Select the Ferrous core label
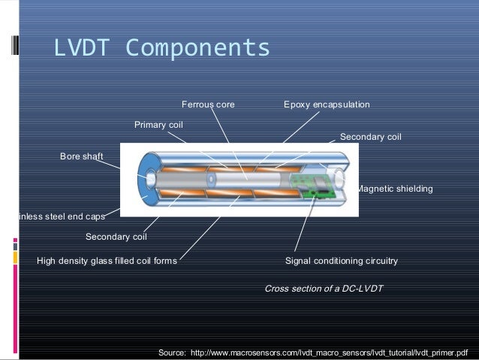coord(208,104)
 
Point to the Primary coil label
coord(158,124)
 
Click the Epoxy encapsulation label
coord(327,104)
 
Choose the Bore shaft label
coord(80,156)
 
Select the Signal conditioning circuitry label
coord(342,261)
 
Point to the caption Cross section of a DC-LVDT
coord(324,288)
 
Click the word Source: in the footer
coord(172,352)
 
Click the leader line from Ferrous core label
coord(229,143)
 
